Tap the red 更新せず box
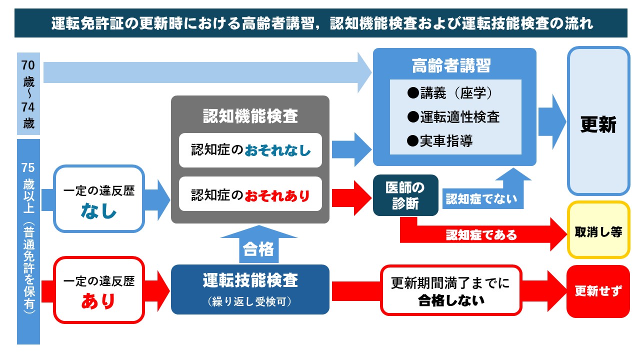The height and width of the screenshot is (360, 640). pyautogui.click(x=598, y=291)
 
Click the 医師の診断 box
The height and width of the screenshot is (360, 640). pyautogui.click(x=405, y=195)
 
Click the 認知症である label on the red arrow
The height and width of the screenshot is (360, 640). pyautogui.click(x=481, y=234)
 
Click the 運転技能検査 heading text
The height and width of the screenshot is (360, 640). pyautogui.click(x=250, y=280)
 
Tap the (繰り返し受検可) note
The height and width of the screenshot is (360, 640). pyautogui.click(x=250, y=301)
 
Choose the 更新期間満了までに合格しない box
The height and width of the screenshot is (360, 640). pyautogui.click(x=450, y=290)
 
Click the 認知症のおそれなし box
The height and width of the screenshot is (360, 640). pyautogui.click(x=250, y=150)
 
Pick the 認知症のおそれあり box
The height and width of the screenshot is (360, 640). pyautogui.click(x=250, y=194)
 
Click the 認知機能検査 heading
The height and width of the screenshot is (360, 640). pyautogui.click(x=250, y=116)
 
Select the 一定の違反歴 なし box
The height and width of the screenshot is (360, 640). pyautogui.click(x=98, y=199)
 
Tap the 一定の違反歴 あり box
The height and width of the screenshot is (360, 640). pyautogui.click(x=98, y=290)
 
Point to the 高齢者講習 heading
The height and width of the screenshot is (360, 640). pyautogui.click(x=454, y=65)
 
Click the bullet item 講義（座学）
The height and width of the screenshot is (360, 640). pyautogui.click(x=450, y=93)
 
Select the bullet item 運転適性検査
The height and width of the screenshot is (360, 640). pyautogui.click(x=453, y=117)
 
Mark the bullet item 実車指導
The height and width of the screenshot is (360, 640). pyautogui.click(x=440, y=141)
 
